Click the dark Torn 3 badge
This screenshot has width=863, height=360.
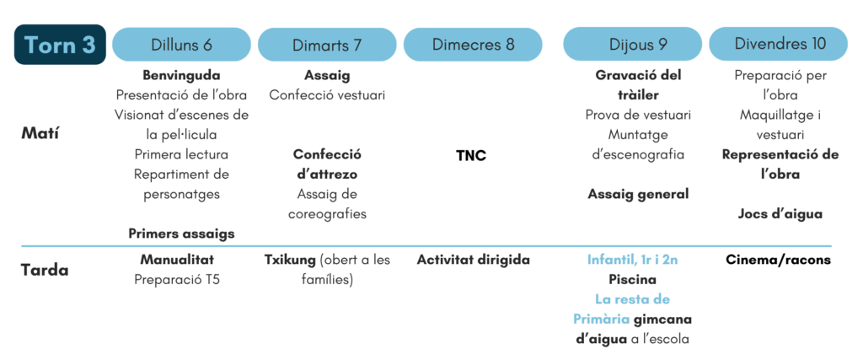(60, 45)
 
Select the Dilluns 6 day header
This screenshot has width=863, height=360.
(182, 45)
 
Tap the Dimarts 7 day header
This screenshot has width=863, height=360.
(327, 45)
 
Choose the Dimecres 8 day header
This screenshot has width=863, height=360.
(473, 45)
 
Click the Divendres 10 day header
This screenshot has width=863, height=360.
(778, 45)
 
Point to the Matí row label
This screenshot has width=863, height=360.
(40, 134)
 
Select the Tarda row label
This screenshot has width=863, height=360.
(45, 271)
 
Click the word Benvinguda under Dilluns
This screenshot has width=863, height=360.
(182, 75)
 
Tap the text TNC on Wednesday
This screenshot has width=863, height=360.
(472, 156)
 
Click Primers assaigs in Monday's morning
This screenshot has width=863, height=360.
(182, 234)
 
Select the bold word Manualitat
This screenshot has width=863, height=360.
(177, 260)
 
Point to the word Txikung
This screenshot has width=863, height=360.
(287, 260)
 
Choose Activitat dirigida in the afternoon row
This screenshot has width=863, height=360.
(474, 260)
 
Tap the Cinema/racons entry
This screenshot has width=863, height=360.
(778, 260)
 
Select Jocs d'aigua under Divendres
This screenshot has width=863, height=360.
(780, 213)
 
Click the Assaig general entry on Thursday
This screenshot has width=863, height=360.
(639, 194)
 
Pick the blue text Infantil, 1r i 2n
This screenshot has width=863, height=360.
(632, 260)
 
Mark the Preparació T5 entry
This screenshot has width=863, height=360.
(177, 280)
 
